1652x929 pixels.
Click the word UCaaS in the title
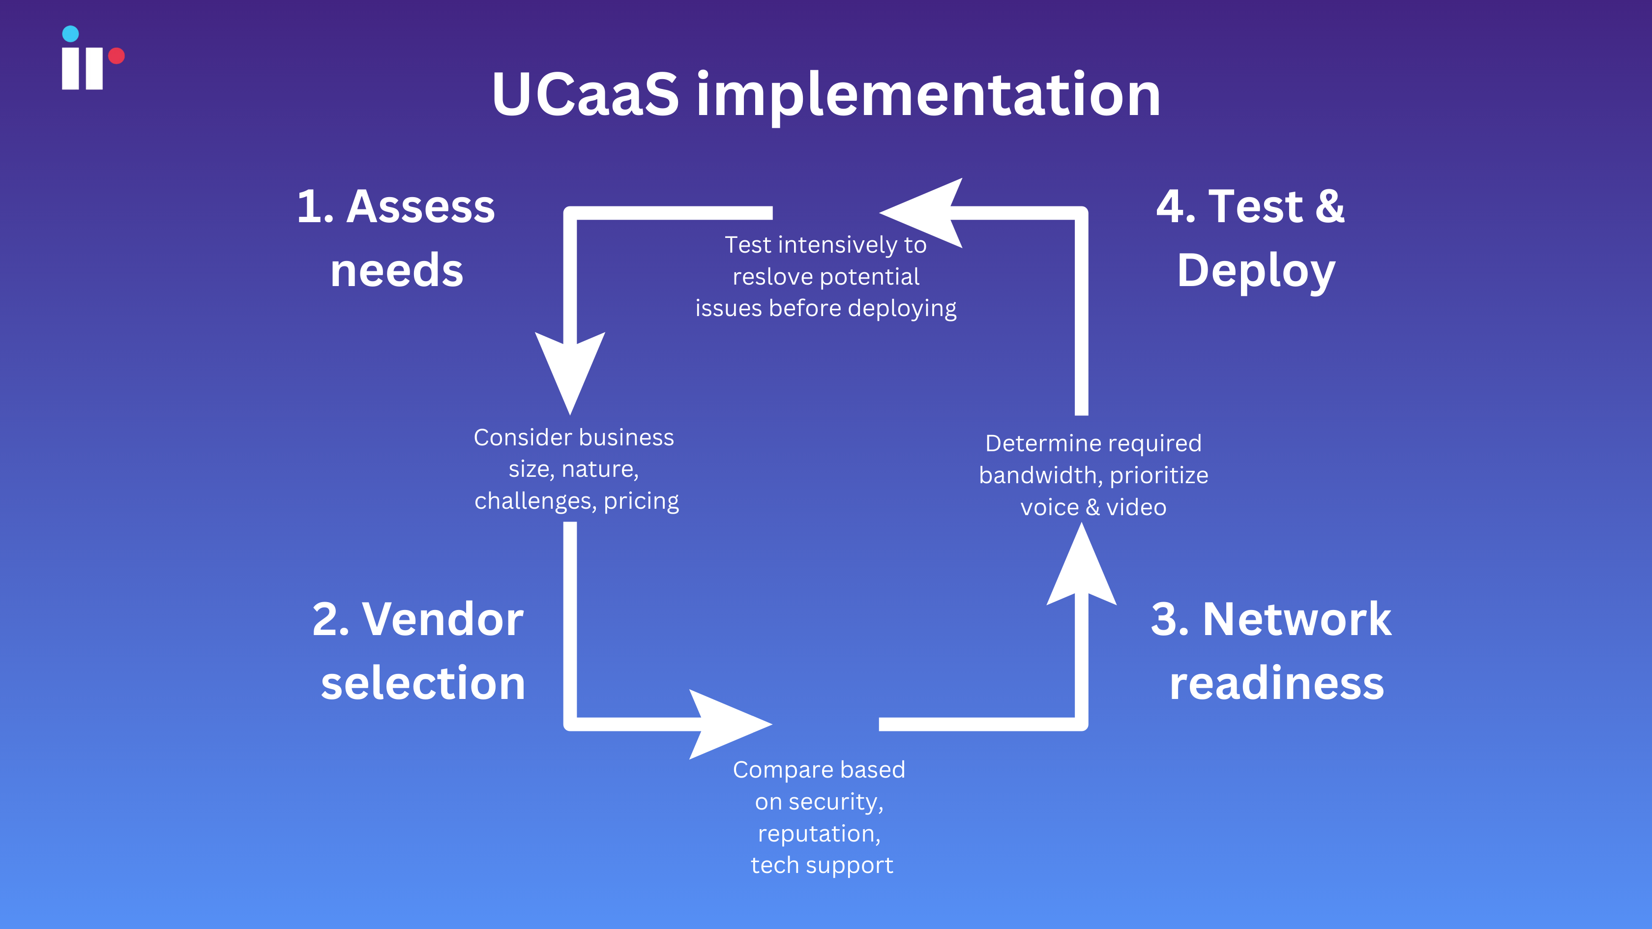point(585,95)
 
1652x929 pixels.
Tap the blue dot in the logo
point(70,33)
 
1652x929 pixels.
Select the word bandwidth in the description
point(1037,475)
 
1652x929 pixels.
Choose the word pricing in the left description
point(641,501)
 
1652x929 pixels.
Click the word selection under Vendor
point(423,683)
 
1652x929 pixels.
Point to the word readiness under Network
point(1276,683)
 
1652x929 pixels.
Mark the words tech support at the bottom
point(822,865)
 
